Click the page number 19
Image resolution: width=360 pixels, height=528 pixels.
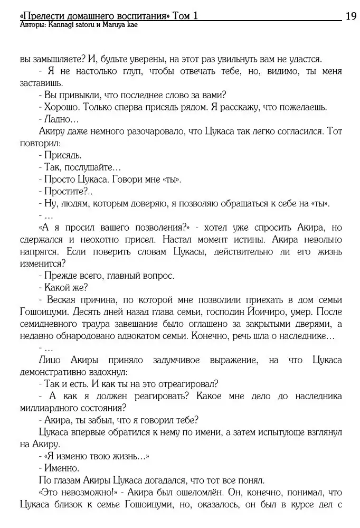[x=351, y=16]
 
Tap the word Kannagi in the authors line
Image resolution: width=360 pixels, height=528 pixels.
[x=62, y=25]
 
